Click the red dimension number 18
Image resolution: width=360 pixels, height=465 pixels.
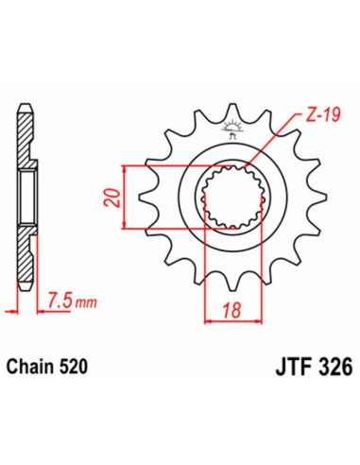click(226, 308)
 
